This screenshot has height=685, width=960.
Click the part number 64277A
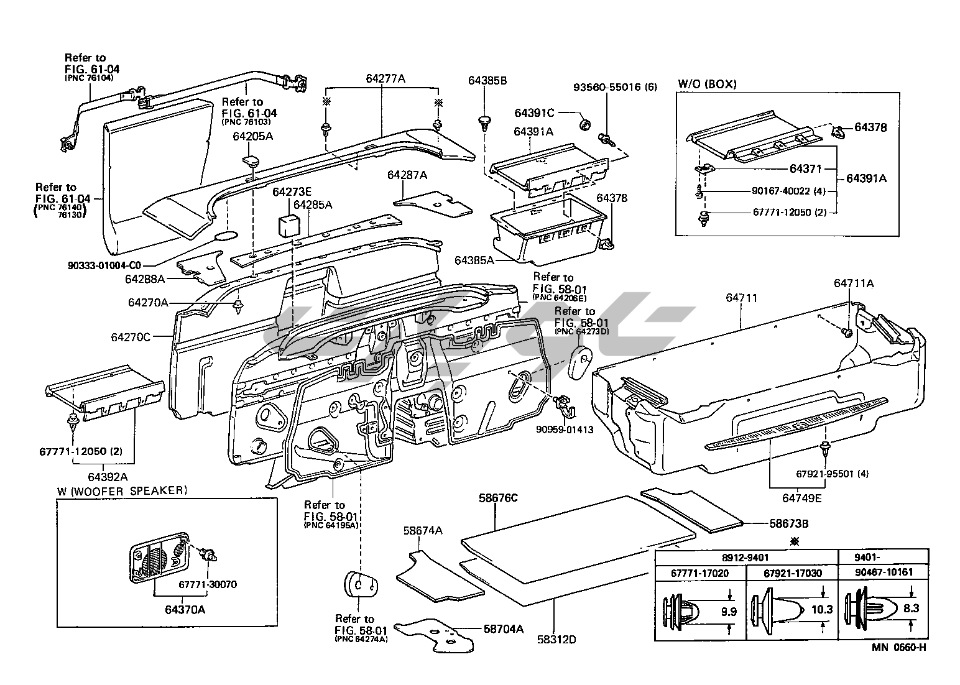pos(385,78)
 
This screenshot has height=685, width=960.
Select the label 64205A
pos(252,136)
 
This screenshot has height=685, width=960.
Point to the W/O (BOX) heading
pos(707,84)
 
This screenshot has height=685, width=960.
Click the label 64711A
pos(853,283)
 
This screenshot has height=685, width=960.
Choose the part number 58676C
pos(498,498)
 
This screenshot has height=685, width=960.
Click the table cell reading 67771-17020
pos(699,572)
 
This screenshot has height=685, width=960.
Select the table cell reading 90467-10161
pos(884,572)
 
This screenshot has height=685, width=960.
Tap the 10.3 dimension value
pos(821,609)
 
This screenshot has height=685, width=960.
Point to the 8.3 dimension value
pos(911,609)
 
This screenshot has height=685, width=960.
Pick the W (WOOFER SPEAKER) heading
pos(122,490)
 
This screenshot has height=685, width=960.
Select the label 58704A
pos(503,628)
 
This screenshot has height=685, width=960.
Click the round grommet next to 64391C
pos(584,125)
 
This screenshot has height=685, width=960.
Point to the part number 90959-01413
pos(565,430)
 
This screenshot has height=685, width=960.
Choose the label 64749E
pos(801,499)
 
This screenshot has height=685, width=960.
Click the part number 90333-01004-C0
pos(104,265)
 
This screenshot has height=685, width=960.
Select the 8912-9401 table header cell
pos(745,558)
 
